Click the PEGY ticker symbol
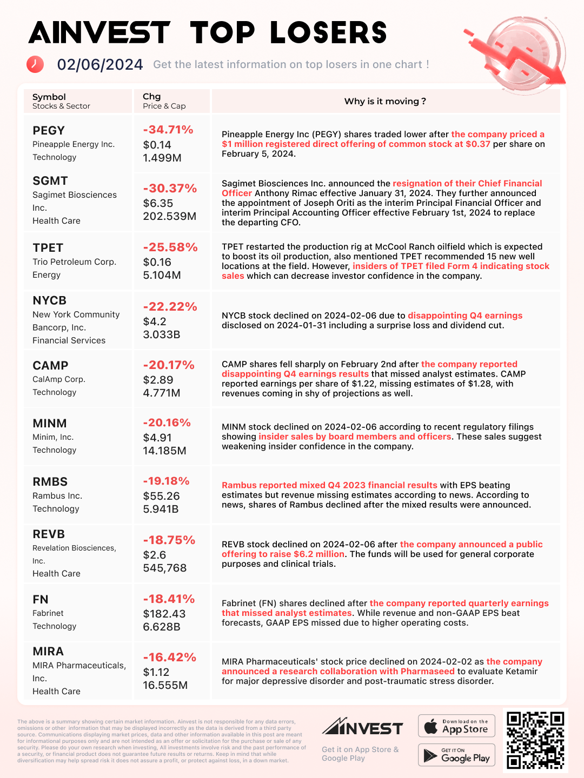[49, 131]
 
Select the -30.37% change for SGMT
[170, 189]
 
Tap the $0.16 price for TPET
[157, 262]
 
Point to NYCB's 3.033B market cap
[162, 334]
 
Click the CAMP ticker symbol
[50, 366]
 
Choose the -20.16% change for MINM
[167, 422]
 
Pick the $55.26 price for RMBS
[161, 496]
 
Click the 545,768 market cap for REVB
[165, 568]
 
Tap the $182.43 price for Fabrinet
[164, 614]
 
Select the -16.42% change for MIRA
[169, 657]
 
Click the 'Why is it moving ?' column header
[385, 102]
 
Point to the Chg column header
[152, 97]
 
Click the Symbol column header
[49, 97]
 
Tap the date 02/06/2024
[100, 65]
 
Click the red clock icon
[35, 64]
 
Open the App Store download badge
[457, 726]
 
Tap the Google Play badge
[457, 755]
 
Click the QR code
[535, 740]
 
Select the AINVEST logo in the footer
[362, 727]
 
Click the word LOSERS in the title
[329, 33]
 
